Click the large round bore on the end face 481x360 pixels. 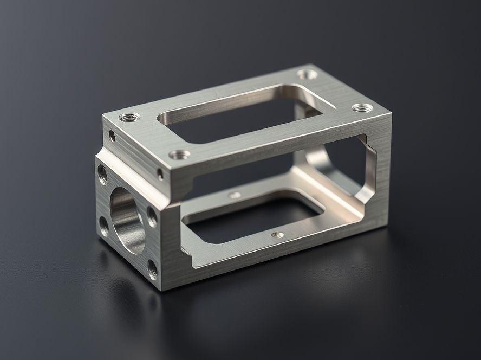coord(127,220)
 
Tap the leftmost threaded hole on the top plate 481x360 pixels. coord(129,116)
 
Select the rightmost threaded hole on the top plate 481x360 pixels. coord(362,108)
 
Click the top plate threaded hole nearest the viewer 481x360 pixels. coord(179,155)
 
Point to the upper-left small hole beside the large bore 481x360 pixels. coord(102,174)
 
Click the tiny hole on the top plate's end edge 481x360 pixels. coord(112,136)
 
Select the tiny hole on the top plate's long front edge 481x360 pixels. coord(160,174)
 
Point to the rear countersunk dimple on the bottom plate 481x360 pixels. coord(235,195)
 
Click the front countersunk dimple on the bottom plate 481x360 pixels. coord(277,236)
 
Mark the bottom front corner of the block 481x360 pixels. coord(162,289)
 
